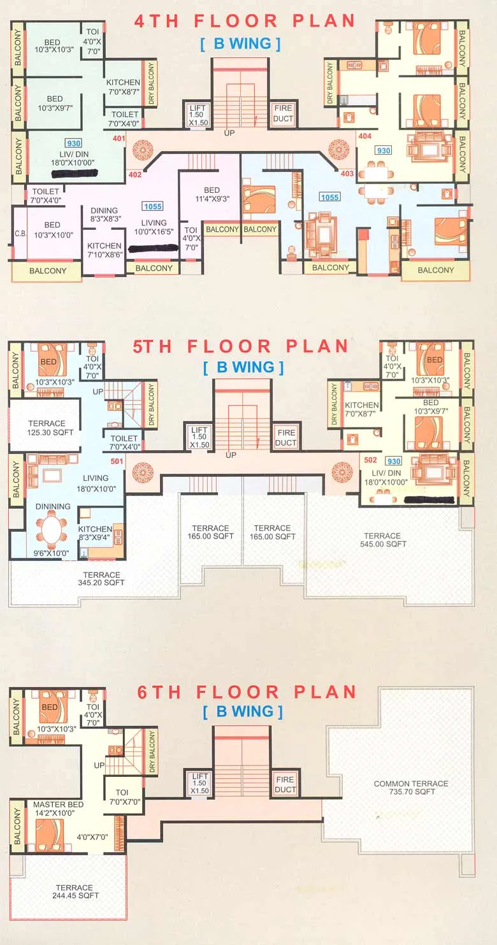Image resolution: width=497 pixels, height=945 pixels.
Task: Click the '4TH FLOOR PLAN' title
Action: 244,20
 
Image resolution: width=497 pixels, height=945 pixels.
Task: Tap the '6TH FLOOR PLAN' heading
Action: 247,692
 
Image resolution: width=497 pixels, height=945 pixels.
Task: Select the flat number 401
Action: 118,138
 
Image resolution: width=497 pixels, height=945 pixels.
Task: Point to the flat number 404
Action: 364,136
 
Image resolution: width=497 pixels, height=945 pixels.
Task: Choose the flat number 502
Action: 370,460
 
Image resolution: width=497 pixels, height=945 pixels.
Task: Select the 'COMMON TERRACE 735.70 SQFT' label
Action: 410,788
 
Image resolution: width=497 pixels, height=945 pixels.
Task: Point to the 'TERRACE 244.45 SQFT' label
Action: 74,892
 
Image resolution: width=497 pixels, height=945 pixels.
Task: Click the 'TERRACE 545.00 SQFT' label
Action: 382,540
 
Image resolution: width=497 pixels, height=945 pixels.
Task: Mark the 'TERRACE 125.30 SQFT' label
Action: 47,428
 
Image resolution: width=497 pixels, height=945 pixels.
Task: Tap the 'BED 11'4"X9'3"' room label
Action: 212,194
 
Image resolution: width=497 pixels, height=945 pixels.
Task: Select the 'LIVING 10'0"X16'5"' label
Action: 154,228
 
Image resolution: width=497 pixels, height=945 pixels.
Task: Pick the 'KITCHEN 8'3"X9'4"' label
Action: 95,534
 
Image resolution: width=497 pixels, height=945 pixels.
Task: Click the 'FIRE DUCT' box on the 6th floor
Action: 285,785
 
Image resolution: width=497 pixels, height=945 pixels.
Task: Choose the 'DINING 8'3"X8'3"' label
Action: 104,215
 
